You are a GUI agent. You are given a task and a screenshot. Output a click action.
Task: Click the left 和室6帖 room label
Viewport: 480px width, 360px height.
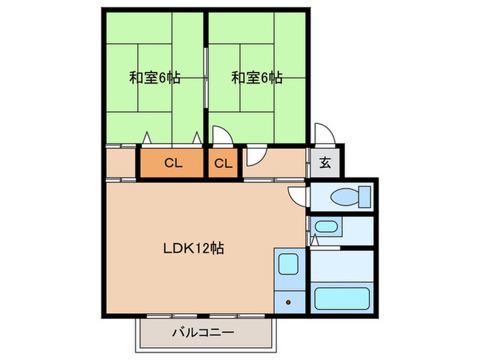(154, 77)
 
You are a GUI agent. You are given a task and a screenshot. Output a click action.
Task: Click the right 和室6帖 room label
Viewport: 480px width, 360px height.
(256, 77)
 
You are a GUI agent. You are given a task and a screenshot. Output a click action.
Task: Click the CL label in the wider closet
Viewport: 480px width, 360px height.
(173, 163)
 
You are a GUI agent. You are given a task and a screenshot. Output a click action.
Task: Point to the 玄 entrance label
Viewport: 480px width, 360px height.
(324, 163)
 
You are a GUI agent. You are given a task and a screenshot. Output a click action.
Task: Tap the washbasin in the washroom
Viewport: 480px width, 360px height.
(328, 226)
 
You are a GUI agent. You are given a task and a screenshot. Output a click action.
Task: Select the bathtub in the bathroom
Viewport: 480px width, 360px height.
(341, 300)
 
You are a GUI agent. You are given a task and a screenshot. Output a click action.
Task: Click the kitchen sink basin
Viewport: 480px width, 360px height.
(287, 263)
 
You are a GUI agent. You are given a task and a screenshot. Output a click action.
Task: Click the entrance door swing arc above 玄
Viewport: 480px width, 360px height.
(322, 133)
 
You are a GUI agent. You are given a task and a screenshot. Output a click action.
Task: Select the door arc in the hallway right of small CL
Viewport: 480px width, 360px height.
(254, 158)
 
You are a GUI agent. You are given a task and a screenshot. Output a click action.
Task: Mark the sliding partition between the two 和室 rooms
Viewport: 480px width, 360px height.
(206, 77)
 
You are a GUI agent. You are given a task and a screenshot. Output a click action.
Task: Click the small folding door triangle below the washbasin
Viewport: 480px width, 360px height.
(314, 241)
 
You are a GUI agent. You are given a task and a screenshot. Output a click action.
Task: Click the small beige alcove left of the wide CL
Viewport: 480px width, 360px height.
(121, 163)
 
